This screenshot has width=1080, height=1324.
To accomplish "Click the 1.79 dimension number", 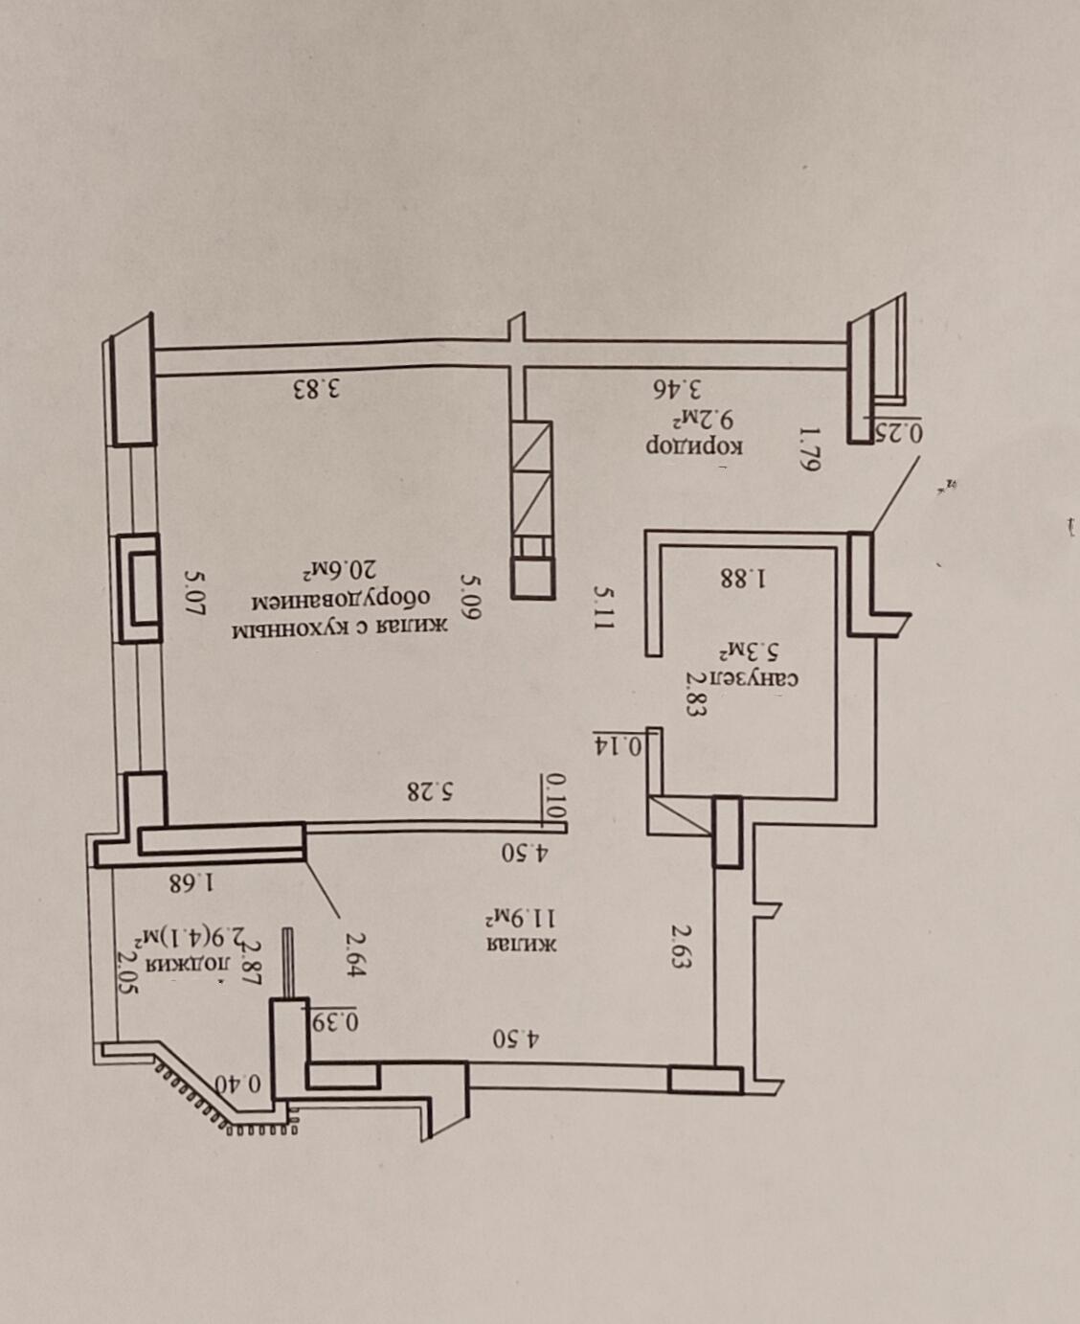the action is coord(810,449).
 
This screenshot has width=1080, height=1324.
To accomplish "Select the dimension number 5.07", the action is coord(194,593).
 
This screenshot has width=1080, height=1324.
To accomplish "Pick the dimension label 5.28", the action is coord(431,791).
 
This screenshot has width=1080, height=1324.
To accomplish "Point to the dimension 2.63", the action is coord(680,947).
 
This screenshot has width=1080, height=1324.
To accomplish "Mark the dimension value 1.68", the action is coord(192,883).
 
